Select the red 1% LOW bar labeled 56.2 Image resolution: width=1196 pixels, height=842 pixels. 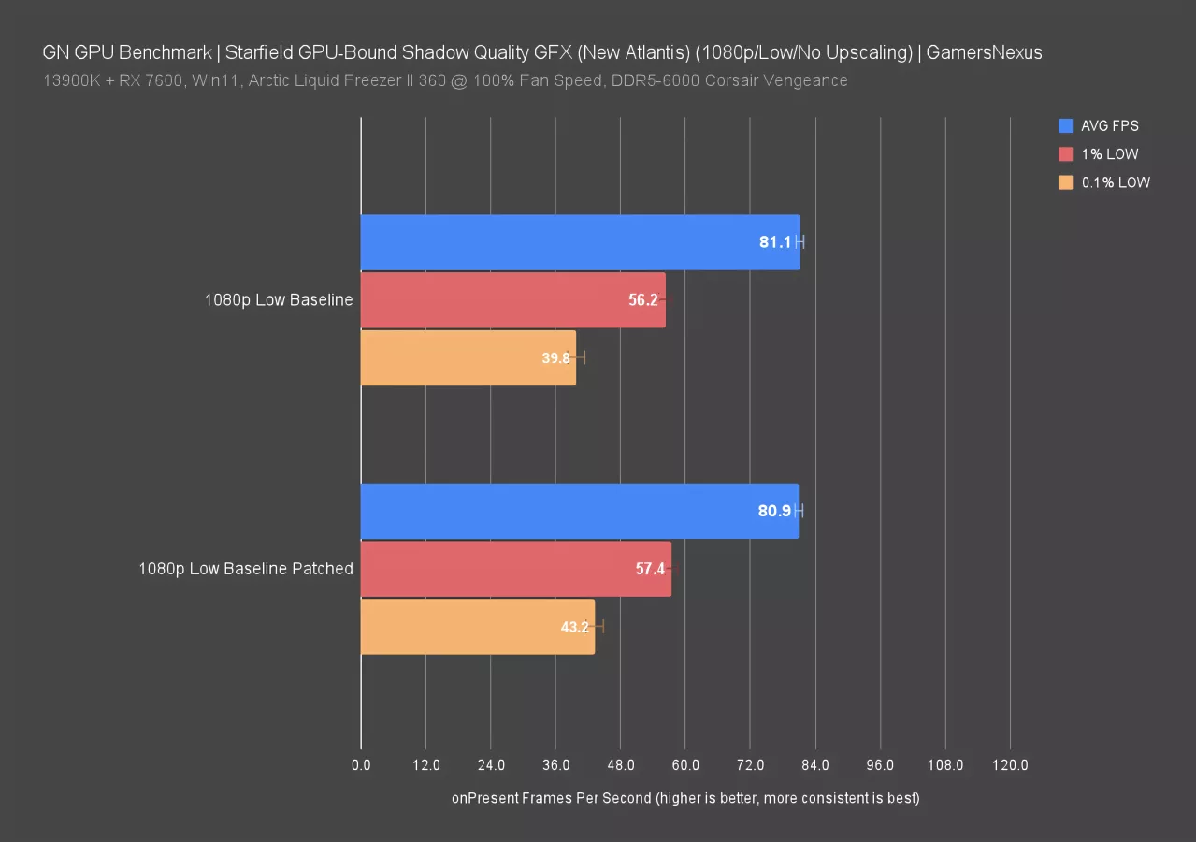pos(512,300)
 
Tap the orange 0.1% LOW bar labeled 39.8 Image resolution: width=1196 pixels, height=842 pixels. pos(468,357)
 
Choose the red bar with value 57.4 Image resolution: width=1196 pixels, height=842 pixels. pos(515,568)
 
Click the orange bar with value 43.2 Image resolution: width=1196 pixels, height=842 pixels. pos(477,626)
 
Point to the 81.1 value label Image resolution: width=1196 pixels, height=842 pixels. pos(774,242)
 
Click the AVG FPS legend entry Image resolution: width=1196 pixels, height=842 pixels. pos(1109,125)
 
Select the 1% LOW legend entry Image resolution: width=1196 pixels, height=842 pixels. pos(1109,154)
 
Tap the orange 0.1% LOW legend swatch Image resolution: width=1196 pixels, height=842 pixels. pos(1065,183)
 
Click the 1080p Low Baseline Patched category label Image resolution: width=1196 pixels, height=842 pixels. pos(246,568)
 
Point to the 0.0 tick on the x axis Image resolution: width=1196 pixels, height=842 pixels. pos(361,765)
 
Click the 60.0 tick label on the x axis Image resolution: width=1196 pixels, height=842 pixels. pos(685,765)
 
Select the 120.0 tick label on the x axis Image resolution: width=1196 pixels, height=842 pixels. pos(1010,765)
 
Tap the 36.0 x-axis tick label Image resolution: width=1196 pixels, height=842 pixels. pos(555,765)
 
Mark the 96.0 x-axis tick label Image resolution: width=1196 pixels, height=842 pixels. pos(880,765)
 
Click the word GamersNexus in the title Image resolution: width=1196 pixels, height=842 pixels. pos(985,52)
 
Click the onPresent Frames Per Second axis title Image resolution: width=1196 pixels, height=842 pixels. pos(685,798)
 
